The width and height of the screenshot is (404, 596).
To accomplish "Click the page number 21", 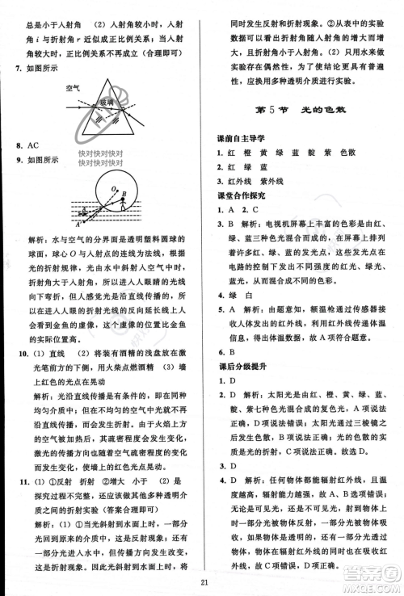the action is tap(203, 580).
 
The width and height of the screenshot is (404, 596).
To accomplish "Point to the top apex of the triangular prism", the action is tap(104, 80).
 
